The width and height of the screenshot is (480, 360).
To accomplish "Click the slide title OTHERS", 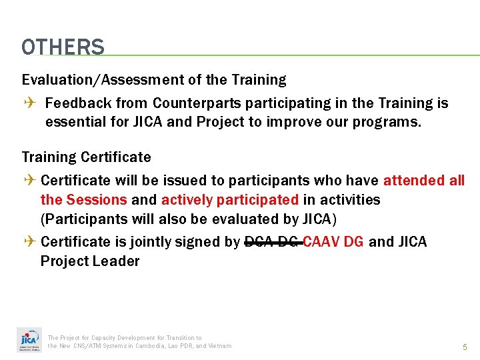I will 63,47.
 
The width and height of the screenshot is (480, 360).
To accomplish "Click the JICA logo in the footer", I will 29,341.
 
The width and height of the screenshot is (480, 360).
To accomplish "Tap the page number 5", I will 465,347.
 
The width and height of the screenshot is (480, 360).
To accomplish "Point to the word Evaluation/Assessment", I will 101,80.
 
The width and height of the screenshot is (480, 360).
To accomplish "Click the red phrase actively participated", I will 230,200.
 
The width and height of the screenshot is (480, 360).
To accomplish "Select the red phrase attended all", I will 423,181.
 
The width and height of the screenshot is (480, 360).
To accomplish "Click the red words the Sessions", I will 83,200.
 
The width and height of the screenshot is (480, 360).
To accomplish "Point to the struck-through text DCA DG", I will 272,241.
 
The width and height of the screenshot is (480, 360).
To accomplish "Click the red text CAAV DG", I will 333,241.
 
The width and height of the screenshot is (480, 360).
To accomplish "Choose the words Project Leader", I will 90,261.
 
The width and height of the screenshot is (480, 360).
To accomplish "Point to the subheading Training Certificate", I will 87,157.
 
